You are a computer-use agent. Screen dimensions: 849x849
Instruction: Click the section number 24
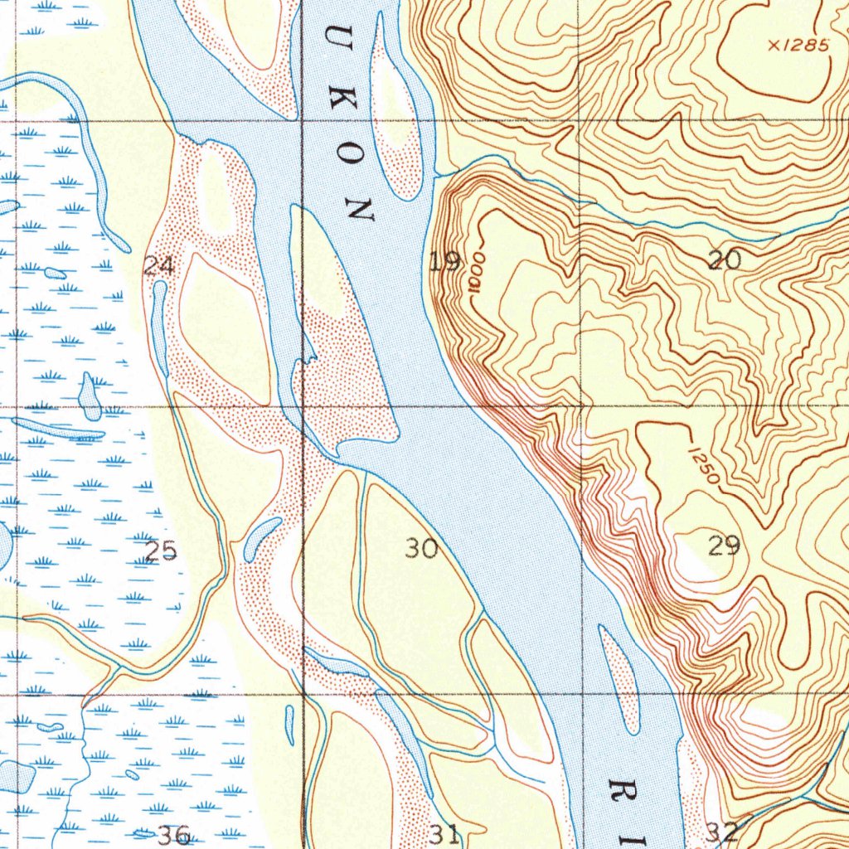[158, 266]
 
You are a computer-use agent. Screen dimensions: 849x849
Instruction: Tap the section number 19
[445, 263]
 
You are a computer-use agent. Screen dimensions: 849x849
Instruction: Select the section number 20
[725, 261]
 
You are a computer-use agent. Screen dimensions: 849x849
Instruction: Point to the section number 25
[161, 551]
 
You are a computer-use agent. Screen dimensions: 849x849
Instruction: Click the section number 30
[421, 548]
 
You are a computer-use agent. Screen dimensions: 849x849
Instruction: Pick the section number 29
[724, 546]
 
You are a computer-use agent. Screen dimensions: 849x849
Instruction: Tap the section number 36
[173, 835]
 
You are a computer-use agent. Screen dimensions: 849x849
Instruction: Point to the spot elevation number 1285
[805, 46]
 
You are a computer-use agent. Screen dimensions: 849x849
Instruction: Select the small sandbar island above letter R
[620, 680]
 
